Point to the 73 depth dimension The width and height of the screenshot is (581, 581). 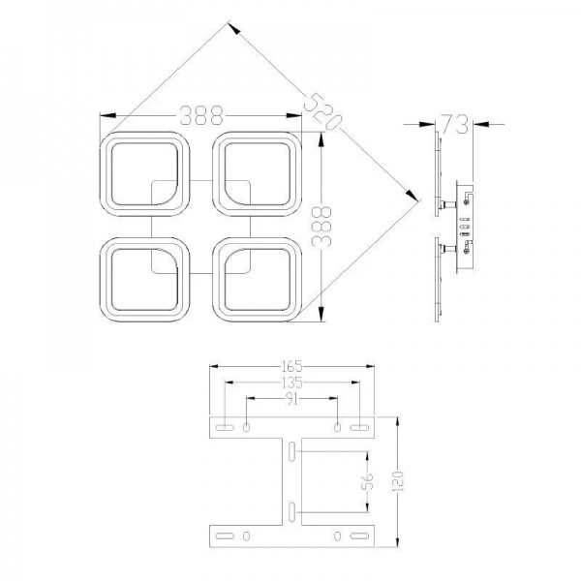[x=453, y=123]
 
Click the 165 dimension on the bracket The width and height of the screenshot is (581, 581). [x=292, y=366]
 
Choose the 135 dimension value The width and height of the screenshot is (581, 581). [x=292, y=382]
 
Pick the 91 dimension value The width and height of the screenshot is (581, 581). [x=292, y=398]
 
